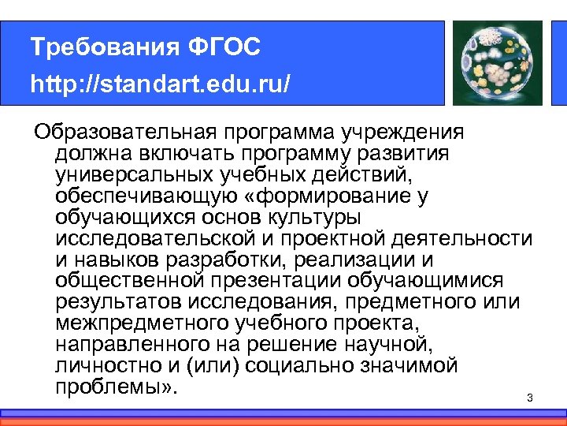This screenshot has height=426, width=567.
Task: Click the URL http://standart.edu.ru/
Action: coord(161,83)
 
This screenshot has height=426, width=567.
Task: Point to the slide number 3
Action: coord(530,398)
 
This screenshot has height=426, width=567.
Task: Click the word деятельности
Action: coord(463,237)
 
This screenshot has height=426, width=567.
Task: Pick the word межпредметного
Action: coord(141,323)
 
